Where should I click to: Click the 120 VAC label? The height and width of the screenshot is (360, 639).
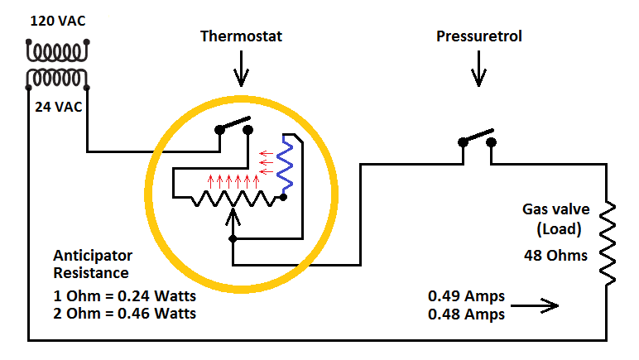58,20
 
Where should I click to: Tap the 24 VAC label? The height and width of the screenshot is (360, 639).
58,107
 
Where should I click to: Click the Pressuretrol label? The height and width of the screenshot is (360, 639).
479,37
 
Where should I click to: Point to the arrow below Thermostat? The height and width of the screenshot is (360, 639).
241,72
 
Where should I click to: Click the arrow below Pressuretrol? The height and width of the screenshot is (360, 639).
478,72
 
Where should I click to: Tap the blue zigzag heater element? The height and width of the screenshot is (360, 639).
285,166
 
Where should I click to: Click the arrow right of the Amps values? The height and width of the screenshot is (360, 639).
537,306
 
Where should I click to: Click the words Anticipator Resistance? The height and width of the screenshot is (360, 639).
92,264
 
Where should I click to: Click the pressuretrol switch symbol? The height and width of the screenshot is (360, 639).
478,138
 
